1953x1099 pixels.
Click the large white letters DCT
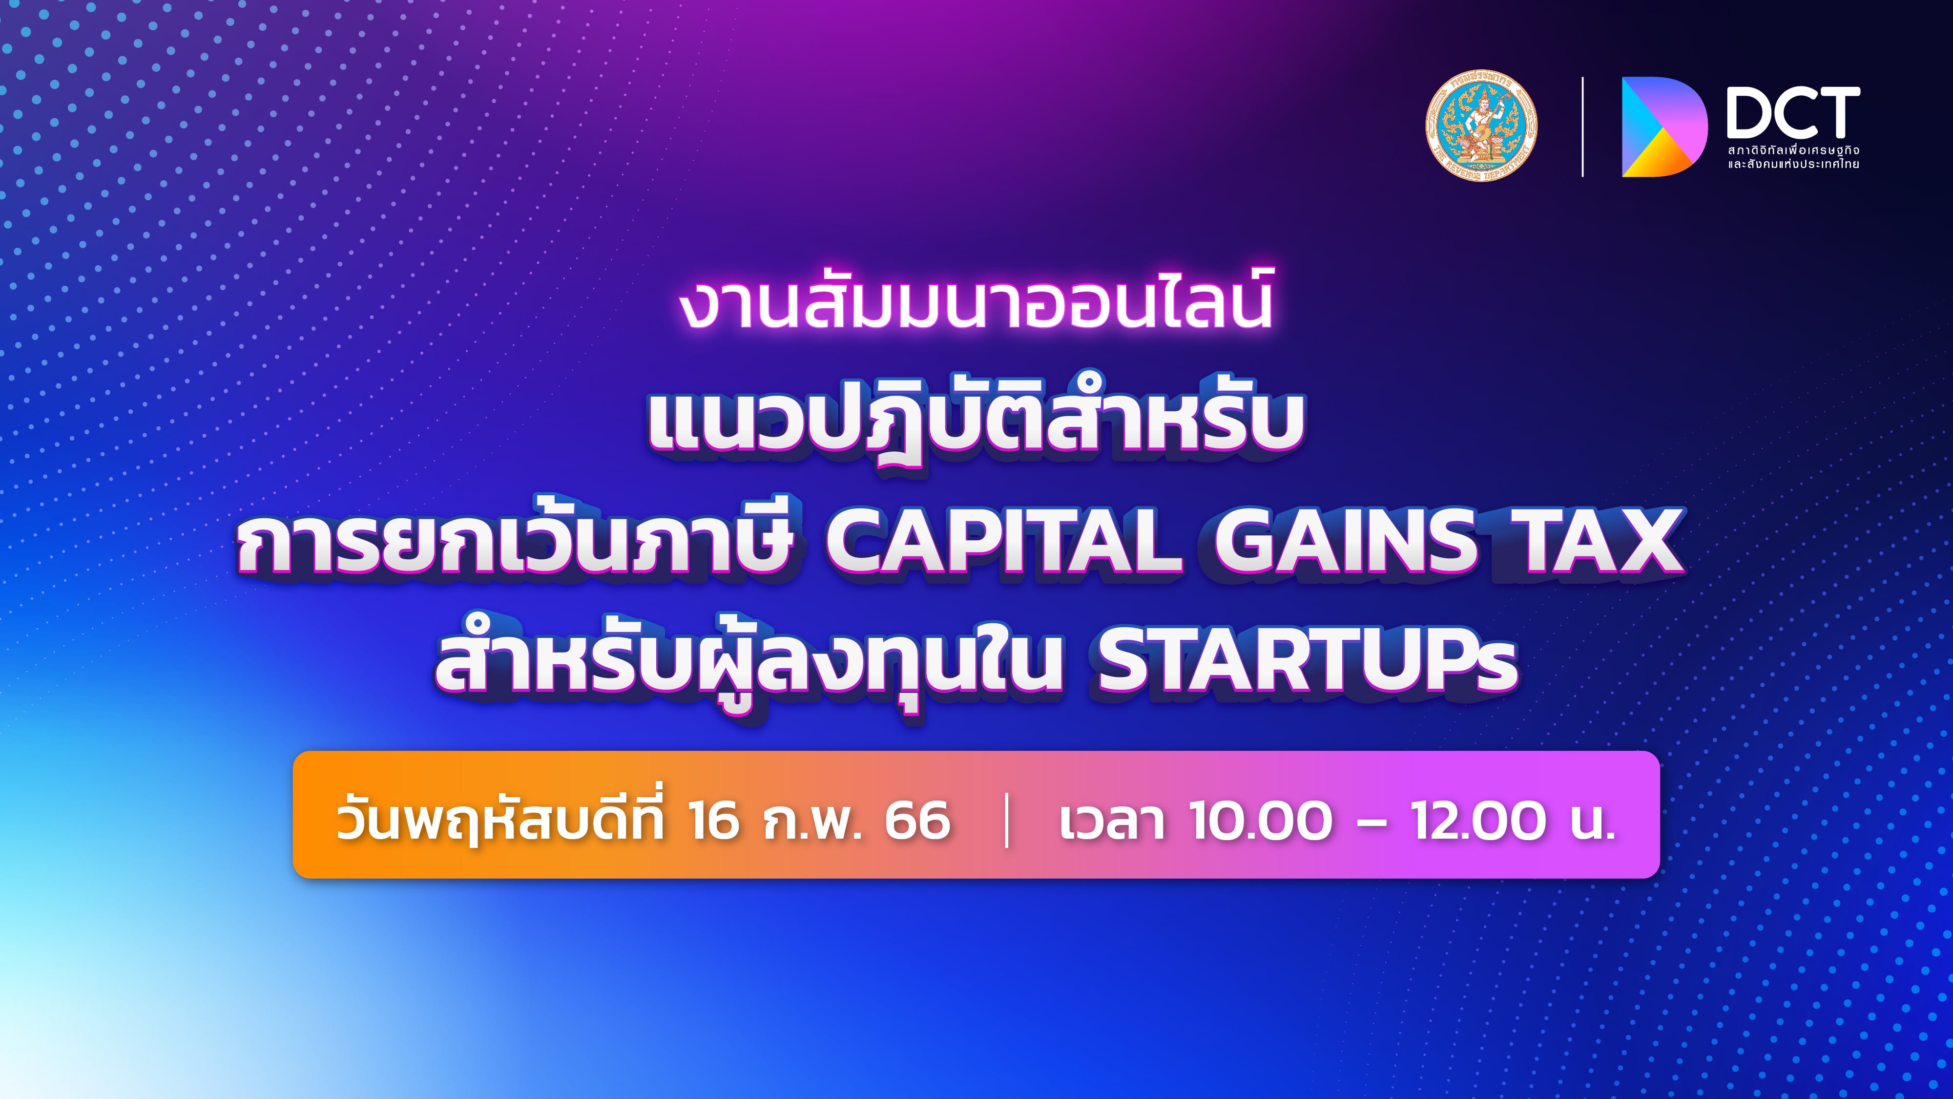point(1793,113)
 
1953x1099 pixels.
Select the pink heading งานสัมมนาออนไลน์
point(976,305)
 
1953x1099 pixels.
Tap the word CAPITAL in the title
point(1002,541)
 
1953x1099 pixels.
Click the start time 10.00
point(1260,820)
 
